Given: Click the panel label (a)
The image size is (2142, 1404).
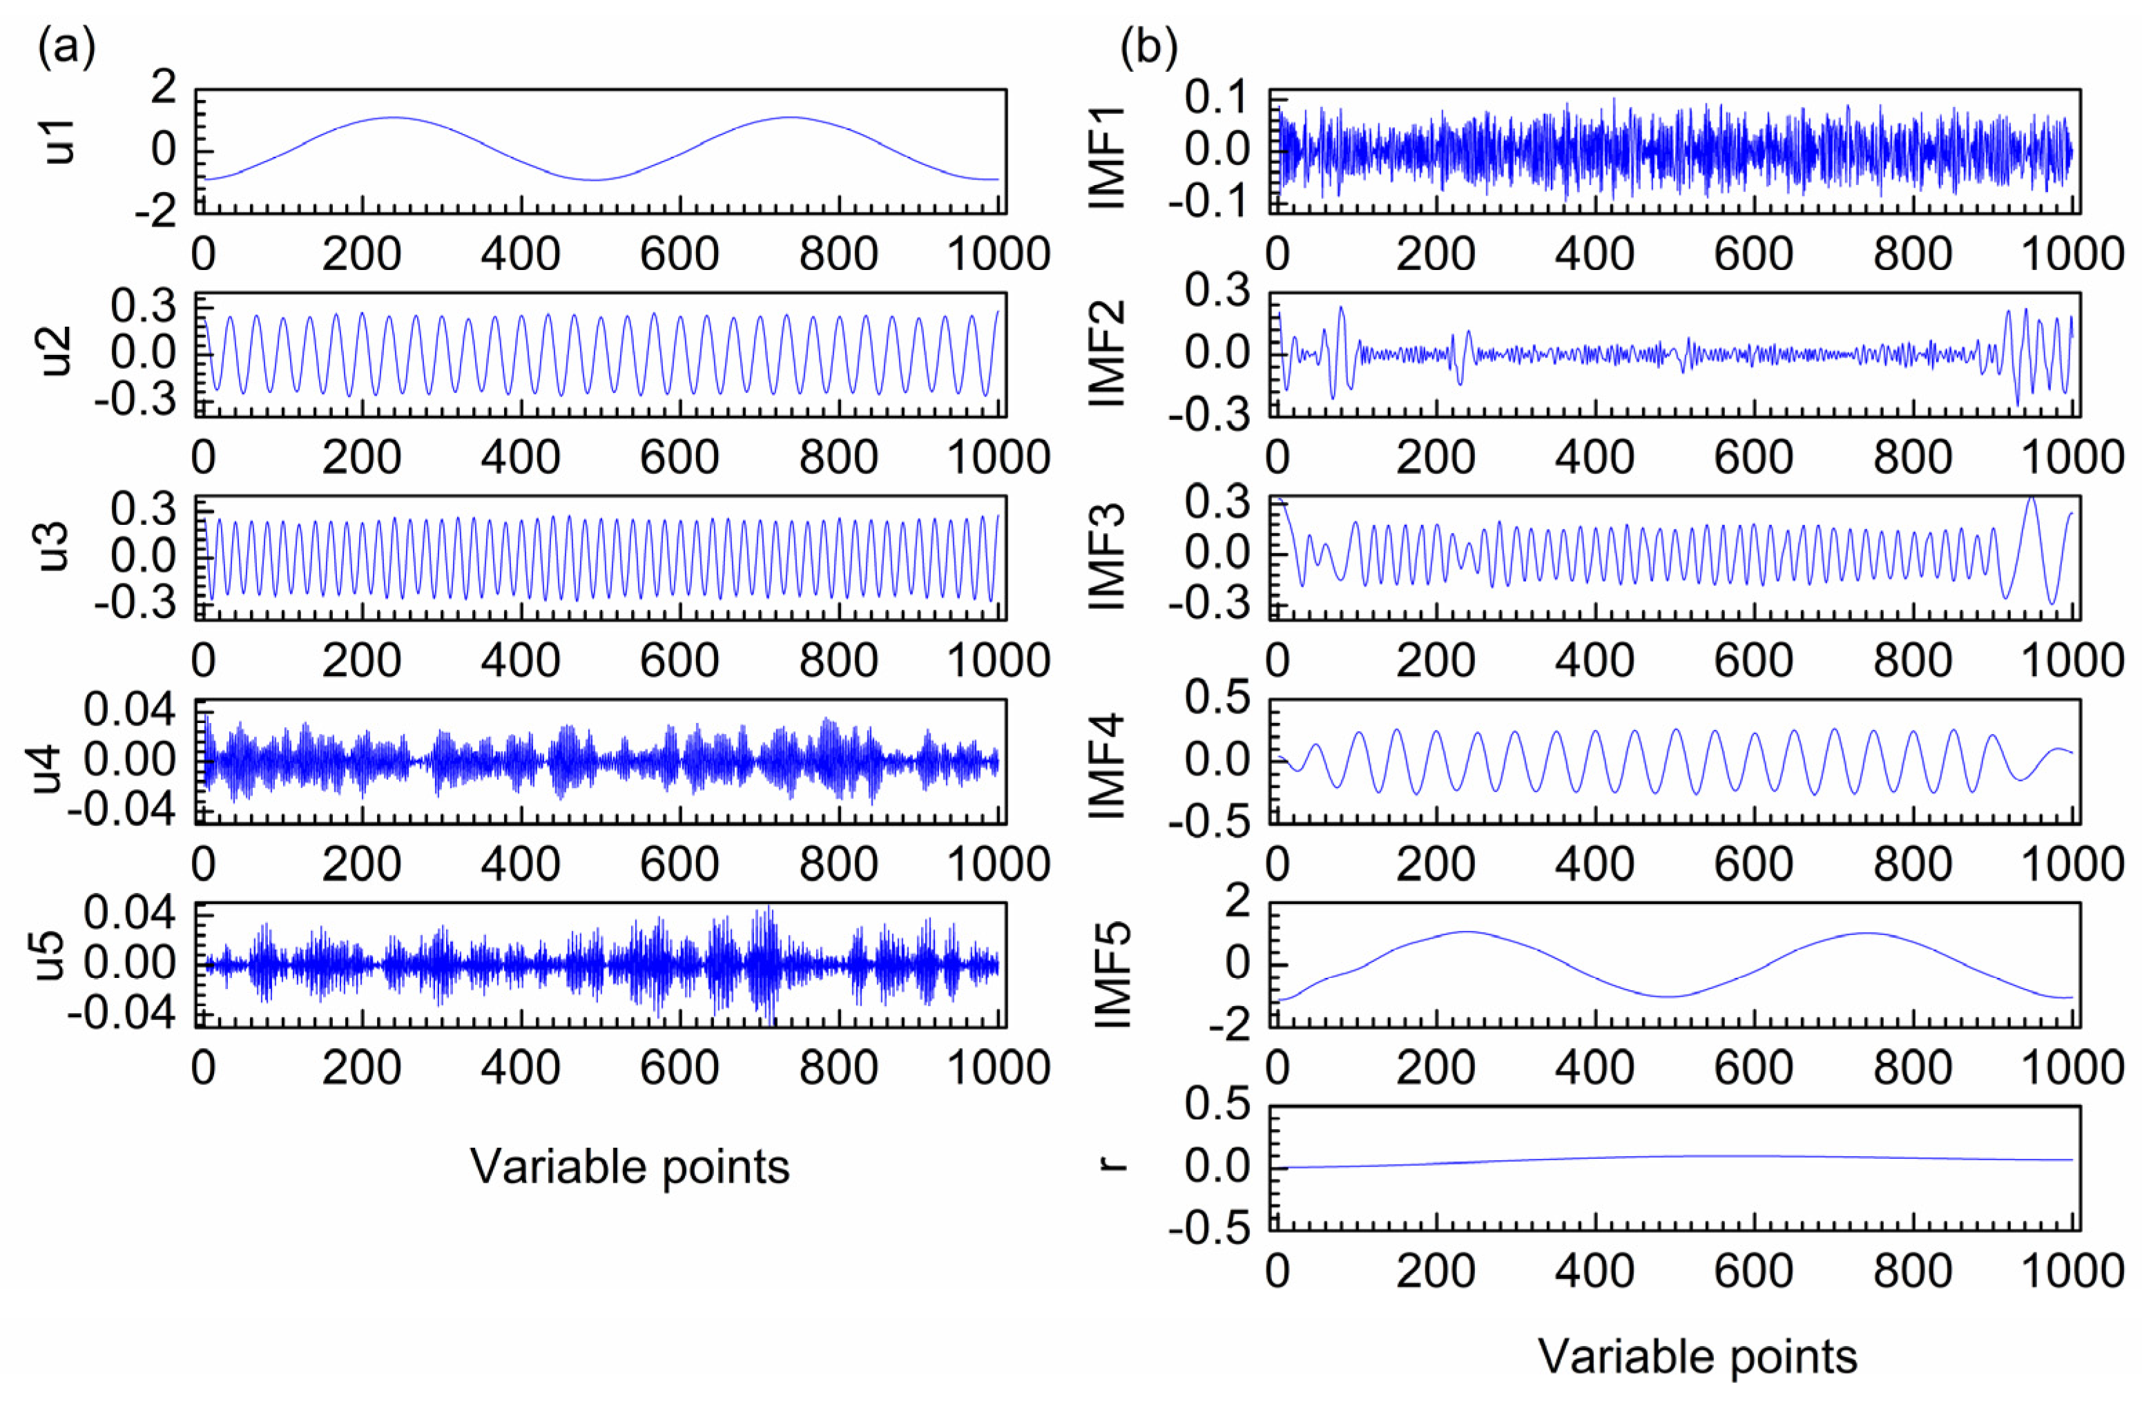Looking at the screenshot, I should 66,48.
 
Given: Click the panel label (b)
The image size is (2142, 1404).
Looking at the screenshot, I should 1148,48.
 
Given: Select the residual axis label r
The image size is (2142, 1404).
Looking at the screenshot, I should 1115,1164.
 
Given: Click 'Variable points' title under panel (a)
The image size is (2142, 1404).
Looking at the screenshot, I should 630,1167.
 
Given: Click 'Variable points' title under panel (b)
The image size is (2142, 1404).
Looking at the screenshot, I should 1697,1356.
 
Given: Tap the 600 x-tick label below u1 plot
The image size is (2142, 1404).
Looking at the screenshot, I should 679,255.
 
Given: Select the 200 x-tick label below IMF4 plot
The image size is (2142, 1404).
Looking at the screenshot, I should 1436,864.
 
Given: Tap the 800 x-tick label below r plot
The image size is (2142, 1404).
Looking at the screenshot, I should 1913,1271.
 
